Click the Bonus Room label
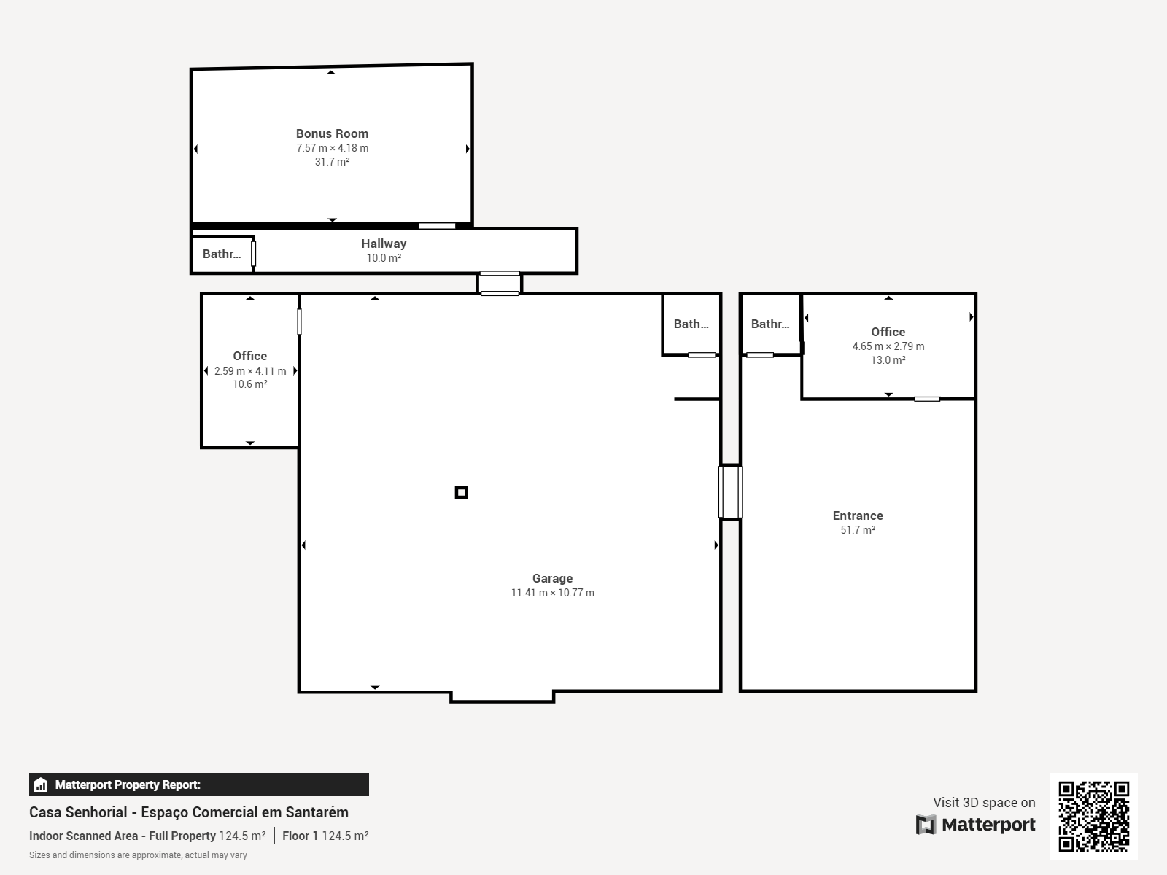[x=332, y=134]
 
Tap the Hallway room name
[x=384, y=244]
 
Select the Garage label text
[x=552, y=578]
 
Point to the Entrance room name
[x=858, y=516]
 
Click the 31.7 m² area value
[x=332, y=161]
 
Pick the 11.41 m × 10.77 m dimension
[x=552, y=593]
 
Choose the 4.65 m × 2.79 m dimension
[x=888, y=346]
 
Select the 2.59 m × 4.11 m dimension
[x=250, y=371]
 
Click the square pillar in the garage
[x=462, y=492]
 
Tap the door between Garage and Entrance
[x=731, y=492]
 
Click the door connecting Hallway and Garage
[x=500, y=283]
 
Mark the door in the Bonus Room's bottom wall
[x=437, y=226]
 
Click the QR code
[x=1093, y=816]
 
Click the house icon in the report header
[x=41, y=785]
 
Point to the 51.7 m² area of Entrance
[x=858, y=530]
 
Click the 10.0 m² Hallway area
[x=384, y=258]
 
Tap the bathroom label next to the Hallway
[x=222, y=254]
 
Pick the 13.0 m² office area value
[x=888, y=360]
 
